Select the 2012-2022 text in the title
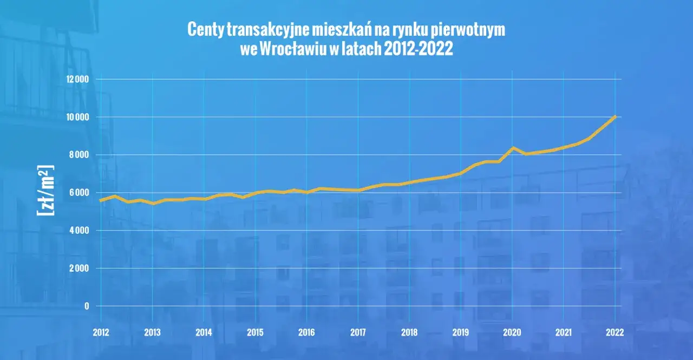pyautogui.click(x=418, y=49)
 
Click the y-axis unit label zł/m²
pyautogui.click(x=46, y=189)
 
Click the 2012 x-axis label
pyautogui.click(x=101, y=332)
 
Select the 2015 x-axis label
pyautogui.click(x=255, y=332)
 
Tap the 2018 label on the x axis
pyautogui.click(x=410, y=332)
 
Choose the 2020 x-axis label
pyautogui.click(x=513, y=332)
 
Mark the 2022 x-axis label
pyautogui.click(x=615, y=332)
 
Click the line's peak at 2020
pyautogui.click(x=513, y=148)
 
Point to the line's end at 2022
pyautogui.click(x=615, y=116)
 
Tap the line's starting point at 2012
pyautogui.click(x=101, y=200)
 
